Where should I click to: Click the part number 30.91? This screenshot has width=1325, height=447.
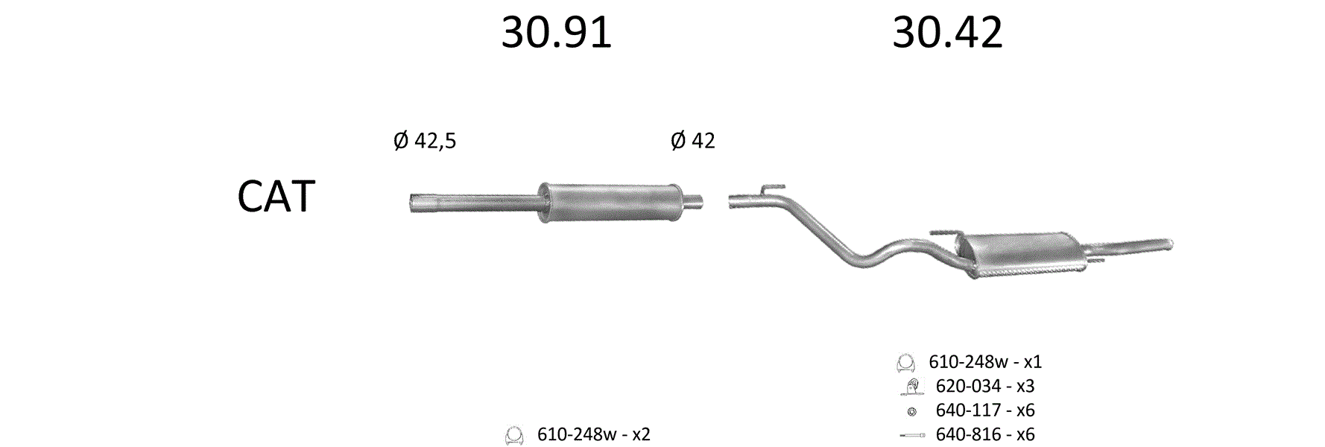click(556, 33)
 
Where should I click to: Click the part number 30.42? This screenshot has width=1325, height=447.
click(947, 33)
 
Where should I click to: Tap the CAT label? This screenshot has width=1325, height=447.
click(276, 196)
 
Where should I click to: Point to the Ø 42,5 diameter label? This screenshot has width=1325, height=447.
click(425, 140)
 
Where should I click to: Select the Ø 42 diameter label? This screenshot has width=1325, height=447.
click(693, 140)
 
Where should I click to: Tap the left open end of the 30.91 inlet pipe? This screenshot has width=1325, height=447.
click(412, 202)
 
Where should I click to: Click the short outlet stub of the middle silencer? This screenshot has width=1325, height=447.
click(694, 201)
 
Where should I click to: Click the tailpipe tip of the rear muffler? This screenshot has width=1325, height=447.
click(1169, 244)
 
